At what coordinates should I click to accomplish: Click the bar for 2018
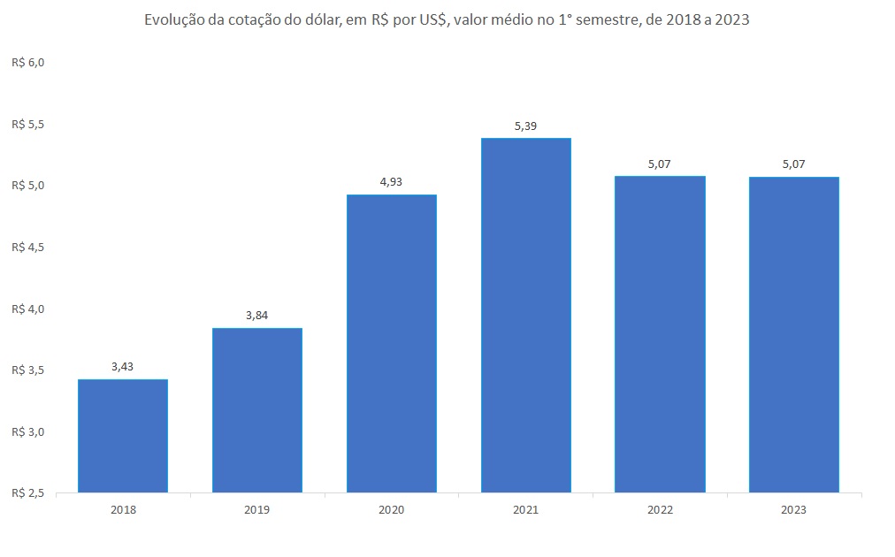tap(123, 435)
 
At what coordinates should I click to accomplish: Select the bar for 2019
tap(257, 409)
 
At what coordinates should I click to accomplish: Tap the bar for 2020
tap(392, 343)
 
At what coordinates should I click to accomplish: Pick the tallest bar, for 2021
tap(526, 315)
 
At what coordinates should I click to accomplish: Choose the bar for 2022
tap(660, 334)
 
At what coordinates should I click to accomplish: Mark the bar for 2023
tap(794, 334)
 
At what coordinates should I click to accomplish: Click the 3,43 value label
tap(123, 367)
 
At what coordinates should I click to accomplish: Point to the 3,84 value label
tap(257, 316)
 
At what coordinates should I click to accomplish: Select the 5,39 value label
tap(526, 126)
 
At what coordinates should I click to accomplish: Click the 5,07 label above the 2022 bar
tap(660, 164)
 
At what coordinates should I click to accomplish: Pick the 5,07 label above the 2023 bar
tap(794, 164)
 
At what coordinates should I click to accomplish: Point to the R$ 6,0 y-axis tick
tap(27, 63)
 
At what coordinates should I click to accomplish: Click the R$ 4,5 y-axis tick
tap(27, 248)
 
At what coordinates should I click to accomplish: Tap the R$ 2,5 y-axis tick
tap(27, 492)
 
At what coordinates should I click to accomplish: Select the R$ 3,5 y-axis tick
tap(27, 370)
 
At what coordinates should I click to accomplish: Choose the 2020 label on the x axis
tap(392, 510)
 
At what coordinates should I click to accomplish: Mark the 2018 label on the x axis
tap(123, 510)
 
